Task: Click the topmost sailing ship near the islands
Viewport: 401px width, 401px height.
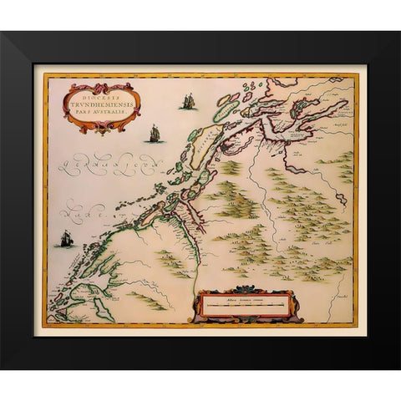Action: pyautogui.click(x=188, y=101)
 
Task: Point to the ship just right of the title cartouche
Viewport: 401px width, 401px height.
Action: pyautogui.click(x=154, y=133)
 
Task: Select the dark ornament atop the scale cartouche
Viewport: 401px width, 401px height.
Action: pyautogui.click(x=244, y=289)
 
